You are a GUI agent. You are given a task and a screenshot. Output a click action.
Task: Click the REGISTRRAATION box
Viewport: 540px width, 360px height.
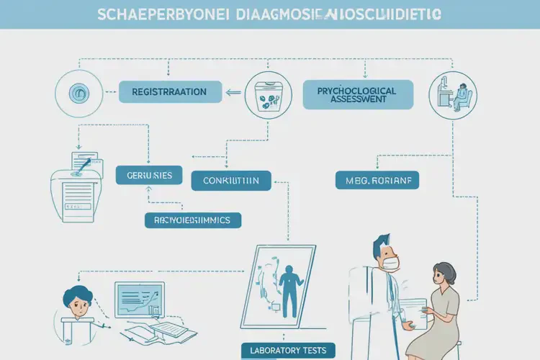click(x=169, y=91)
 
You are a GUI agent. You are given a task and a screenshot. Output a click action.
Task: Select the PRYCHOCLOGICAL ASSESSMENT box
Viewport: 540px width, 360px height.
click(x=359, y=94)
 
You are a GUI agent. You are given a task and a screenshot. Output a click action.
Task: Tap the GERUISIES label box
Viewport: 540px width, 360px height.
click(x=149, y=176)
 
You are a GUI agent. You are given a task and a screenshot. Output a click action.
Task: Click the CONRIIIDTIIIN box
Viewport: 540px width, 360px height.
click(x=230, y=180)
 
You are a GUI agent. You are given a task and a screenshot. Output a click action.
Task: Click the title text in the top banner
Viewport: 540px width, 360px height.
click(x=269, y=14)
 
